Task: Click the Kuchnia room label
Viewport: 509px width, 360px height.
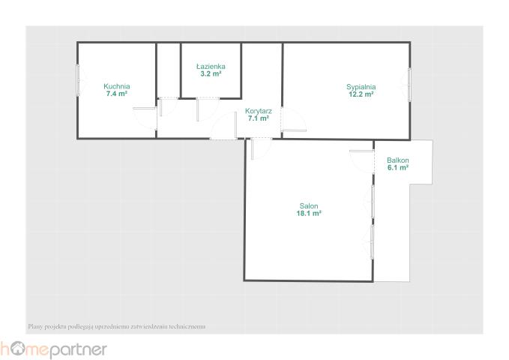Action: point(117,86)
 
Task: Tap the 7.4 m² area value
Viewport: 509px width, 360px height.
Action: point(116,94)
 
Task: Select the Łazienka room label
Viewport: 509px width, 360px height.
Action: point(211,66)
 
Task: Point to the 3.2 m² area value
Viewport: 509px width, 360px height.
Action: point(211,73)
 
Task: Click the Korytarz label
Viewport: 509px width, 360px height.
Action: point(259,111)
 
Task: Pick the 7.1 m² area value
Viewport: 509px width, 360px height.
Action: point(259,118)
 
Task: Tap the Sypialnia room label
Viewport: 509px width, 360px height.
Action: point(361,87)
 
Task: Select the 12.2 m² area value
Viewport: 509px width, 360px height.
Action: point(361,94)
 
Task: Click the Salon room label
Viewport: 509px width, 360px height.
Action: point(309,206)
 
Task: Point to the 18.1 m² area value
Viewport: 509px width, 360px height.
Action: point(309,214)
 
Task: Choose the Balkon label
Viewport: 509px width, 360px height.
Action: point(398,160)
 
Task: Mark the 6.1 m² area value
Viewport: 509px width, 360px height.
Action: point(398,168)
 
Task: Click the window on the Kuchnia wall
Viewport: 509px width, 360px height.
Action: point(78,80)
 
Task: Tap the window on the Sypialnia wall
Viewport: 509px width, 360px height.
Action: point(409,85)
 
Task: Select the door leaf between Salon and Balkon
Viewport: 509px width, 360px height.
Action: point(361,151)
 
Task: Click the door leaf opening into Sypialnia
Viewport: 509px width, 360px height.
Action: point(294,130)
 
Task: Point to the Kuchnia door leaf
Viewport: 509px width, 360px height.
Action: point(145,108)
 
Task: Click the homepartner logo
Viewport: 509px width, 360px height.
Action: point(53,349)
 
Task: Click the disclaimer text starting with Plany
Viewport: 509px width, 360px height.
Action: point(117,326)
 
